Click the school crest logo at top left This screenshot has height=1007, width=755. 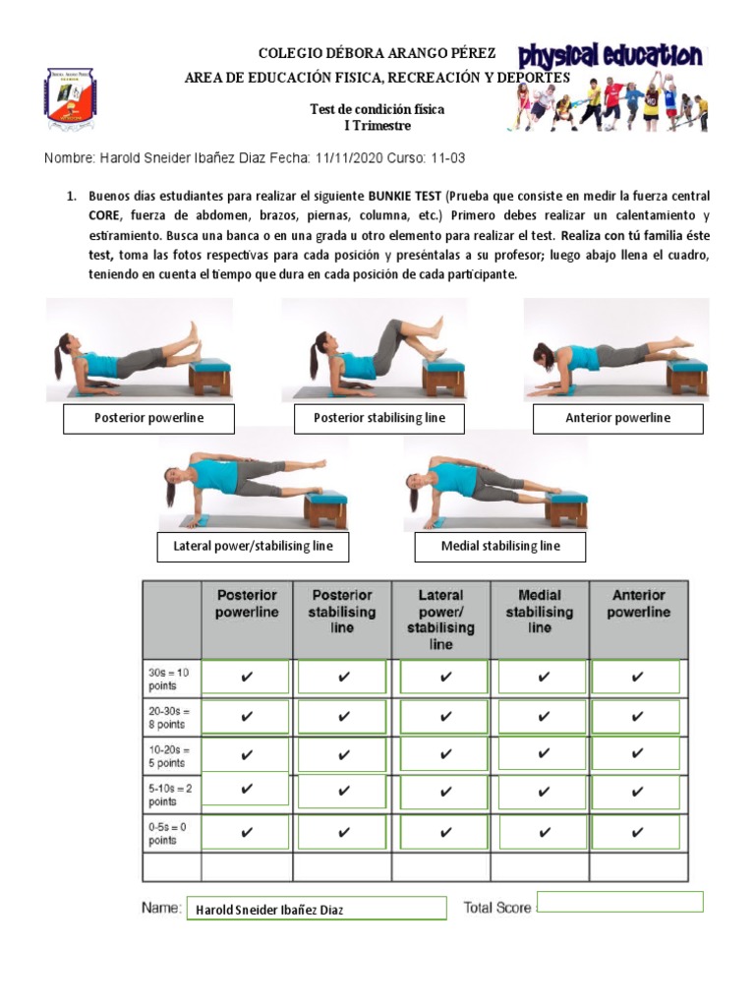70,99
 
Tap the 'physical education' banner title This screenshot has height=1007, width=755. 610,57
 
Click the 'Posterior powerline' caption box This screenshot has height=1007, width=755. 149,419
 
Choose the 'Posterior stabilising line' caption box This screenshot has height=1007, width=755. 379,419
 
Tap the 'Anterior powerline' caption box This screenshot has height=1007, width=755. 617,419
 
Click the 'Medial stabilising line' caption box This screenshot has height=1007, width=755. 500,547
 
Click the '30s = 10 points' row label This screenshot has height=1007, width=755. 170,678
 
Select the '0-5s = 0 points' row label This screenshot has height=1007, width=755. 170,834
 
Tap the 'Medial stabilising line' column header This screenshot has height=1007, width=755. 539,611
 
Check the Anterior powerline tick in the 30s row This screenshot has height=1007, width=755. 637,678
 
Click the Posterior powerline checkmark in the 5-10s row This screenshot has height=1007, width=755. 246,789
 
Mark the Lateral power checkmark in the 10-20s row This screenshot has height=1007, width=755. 445,755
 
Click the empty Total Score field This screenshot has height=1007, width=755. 620,902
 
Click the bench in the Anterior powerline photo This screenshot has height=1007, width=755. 685,374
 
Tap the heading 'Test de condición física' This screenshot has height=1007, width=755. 377,109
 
